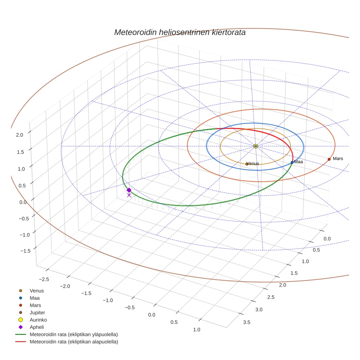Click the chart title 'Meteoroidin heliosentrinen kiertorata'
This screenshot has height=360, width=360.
tap(180, 32)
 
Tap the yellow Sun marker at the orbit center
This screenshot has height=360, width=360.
tap(256, 146)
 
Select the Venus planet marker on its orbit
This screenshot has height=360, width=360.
tap(247, 164)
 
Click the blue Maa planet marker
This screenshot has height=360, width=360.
tap(292, 162)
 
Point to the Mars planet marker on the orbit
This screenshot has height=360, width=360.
tap(329, 159)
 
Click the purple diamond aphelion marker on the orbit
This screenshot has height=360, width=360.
tap(129, 190)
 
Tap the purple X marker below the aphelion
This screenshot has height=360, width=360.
tap(129, 195)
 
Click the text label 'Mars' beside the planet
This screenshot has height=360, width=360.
tap(338, 159)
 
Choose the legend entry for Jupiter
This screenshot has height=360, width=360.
tap(37, 312)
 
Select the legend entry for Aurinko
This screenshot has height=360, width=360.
tap(38, 320)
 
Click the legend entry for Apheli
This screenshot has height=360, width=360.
tap(37, 327)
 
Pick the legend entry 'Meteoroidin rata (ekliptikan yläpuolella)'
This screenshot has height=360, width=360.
tap(74, 334)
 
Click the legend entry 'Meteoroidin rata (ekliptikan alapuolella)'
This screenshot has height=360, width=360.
tap(74, 342)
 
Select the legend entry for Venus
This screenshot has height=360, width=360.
tap(37, 291)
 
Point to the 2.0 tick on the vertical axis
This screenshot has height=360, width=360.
tap(19, 135)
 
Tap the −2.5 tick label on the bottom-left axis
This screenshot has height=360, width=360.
tap(43, 279)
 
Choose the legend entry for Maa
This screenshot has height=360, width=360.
tap(35, 298)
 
